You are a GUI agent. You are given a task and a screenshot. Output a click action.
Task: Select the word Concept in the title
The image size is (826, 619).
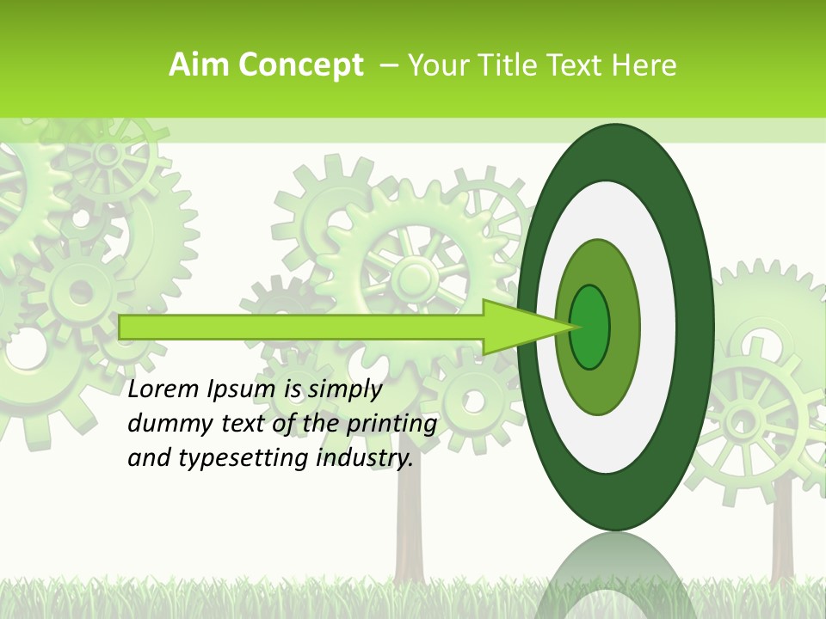click(x=299, y=65)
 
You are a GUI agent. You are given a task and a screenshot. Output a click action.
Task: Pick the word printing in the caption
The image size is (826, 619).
click(x=391, y=424)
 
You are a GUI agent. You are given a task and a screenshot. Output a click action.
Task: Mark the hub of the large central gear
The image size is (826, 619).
click(x=416, y=278)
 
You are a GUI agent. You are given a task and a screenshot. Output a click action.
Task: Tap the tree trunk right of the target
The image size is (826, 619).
click(x=781, y=533)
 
